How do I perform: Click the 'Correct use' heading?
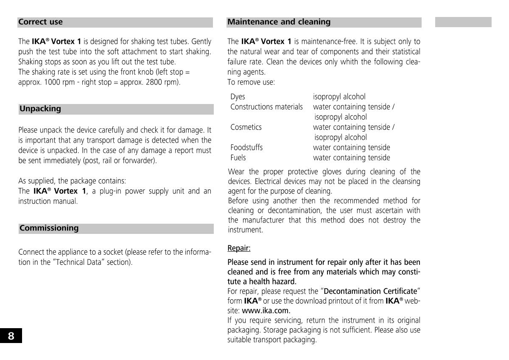coord(40,22)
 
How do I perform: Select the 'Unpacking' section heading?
coord(40,109)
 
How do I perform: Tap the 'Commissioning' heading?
coord(49,228)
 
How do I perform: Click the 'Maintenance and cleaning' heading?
coord(279,22)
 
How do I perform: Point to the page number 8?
coord(11,336)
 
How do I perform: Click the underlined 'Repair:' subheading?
coord(239,248)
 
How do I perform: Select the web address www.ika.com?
coord(266,310)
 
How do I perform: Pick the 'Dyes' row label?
coord(238,97)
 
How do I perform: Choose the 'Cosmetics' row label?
coord(246,127)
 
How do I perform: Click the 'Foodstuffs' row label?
coord(246,148)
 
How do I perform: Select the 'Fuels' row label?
coord(238,158)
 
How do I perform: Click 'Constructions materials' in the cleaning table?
coord(266,107)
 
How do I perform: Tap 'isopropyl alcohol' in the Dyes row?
coord(339,97)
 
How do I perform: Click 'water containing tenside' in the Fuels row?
coord(351,158)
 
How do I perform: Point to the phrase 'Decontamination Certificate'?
coord(370,291)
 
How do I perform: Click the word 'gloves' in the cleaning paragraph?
coord(333,172)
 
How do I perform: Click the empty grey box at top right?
coord(463,22)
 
